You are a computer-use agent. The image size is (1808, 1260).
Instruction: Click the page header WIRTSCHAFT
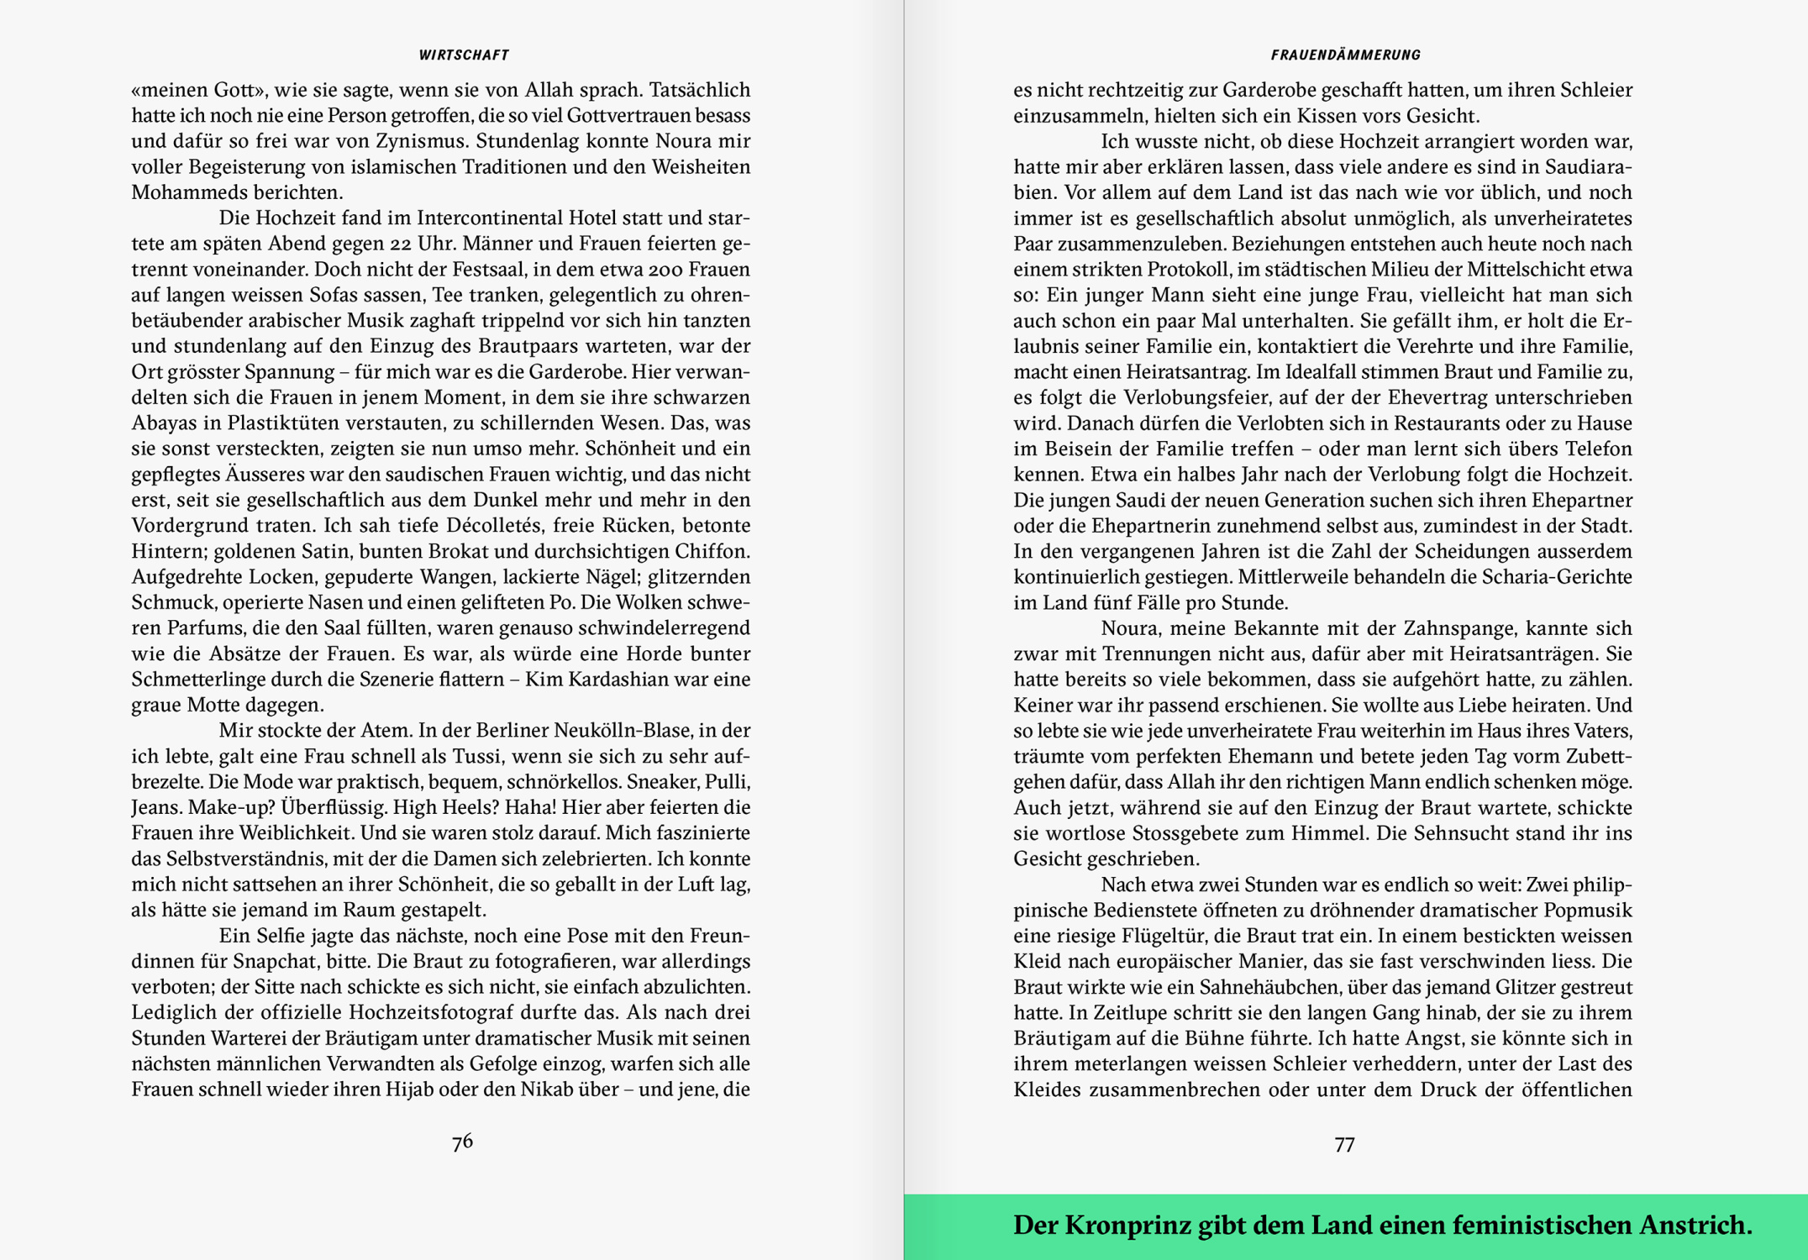click(464, 55)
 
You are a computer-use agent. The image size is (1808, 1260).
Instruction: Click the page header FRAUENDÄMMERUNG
click(1345, 55)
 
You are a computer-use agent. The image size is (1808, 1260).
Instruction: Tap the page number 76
click(462, 1142)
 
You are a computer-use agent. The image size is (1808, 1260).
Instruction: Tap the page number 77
click(1344, 1145)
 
